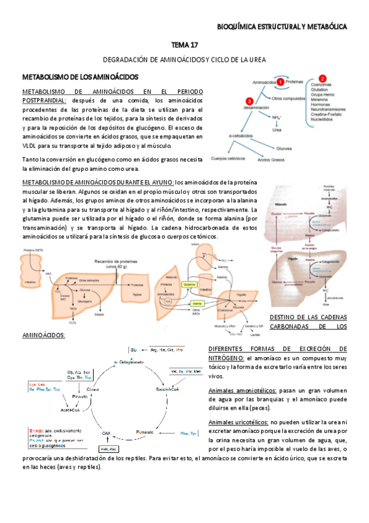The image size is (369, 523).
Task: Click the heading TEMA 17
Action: point(184,45)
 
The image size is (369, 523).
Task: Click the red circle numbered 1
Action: point(280,81)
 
